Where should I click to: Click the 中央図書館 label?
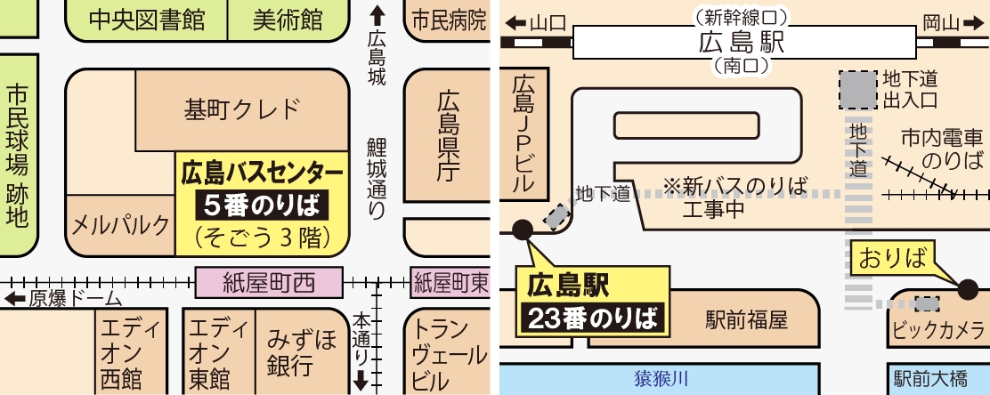147,20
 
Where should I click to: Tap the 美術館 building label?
288,20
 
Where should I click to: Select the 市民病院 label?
450,20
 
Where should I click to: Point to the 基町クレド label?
242,109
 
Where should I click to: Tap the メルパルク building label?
120,224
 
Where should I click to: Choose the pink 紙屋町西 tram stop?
269,283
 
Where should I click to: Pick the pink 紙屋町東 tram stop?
450,283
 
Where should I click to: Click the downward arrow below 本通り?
361,380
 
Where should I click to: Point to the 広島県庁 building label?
449,135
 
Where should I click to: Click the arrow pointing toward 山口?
515,24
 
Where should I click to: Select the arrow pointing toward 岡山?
970,24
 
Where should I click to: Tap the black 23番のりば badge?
592,318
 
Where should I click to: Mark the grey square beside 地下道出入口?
857,90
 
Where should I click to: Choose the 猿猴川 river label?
661,379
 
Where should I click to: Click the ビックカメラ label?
939,329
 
